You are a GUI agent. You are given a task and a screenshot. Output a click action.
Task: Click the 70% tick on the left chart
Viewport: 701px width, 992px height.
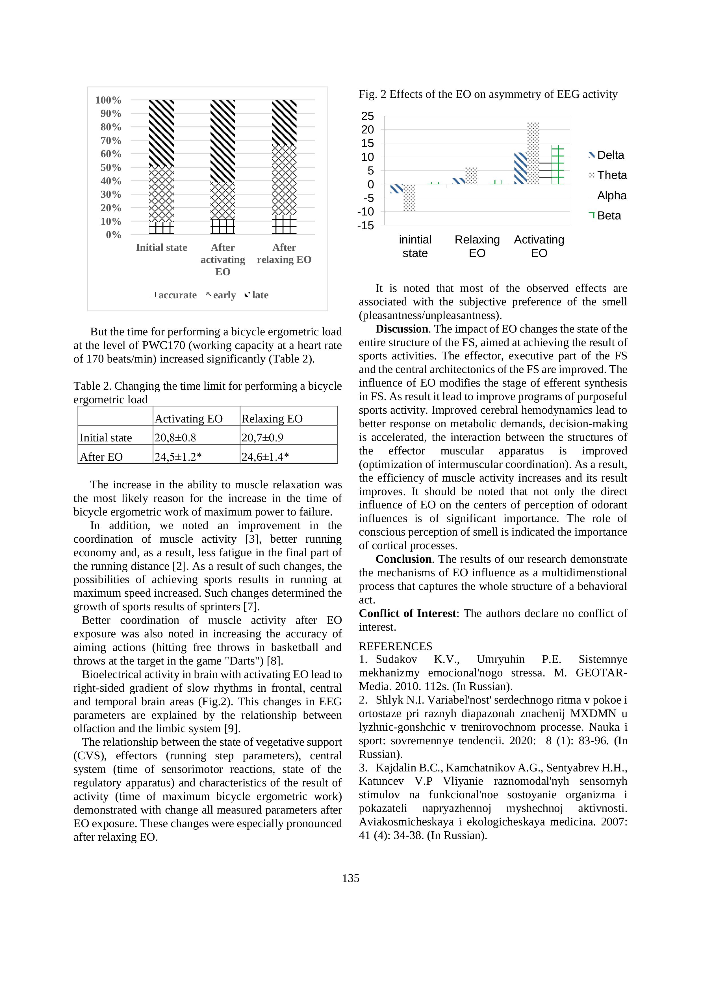[x=110, y=141]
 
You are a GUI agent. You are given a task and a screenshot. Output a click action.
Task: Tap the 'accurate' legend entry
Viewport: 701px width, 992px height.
[x=174, y=295]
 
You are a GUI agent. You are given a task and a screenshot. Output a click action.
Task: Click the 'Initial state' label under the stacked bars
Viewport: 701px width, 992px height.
[x=161, y=247]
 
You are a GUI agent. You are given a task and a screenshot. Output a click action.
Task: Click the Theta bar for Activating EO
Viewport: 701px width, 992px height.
[x=533, y=153]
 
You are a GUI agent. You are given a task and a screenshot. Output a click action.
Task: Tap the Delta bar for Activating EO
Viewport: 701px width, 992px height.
[x=520, y=169]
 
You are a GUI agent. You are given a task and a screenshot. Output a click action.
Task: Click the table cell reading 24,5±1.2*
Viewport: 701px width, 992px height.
[x=178, y=457]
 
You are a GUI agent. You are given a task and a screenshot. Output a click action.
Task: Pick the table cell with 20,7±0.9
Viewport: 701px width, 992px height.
[x=262, y=438]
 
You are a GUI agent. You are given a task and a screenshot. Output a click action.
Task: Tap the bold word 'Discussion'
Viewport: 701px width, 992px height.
[x=401, y=329]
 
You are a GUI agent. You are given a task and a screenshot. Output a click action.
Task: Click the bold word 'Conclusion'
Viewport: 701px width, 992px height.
[x=403, y=559]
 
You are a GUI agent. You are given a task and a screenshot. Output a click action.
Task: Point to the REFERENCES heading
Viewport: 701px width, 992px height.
[x=395, y=646]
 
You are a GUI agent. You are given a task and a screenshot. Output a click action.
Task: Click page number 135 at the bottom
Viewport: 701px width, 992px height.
[x=350, y=878]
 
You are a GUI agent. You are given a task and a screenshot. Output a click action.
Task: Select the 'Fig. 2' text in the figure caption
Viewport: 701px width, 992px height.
[x=372, y=94]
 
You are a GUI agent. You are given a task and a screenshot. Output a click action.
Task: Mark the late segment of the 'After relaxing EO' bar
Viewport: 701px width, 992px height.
[x=284, y=122]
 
